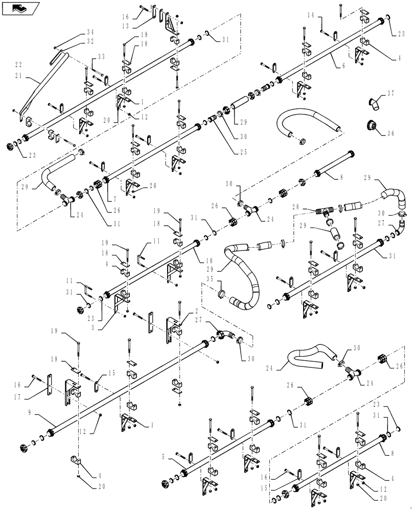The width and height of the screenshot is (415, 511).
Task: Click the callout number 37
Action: click(x=390, y=93)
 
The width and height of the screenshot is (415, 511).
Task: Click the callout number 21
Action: click(x=18, y=75)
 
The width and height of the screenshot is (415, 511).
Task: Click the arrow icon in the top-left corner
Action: click(x=19, y=8)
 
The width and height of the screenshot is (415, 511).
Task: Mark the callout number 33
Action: click(x=101, y=56)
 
